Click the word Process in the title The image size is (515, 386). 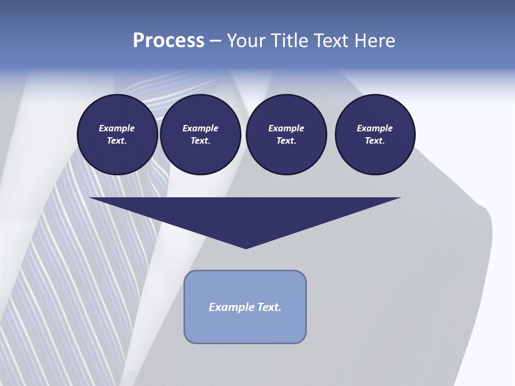(x=168, y=41)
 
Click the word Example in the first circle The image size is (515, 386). (x=117, y=128)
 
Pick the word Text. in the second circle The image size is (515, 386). (x=200, y=141)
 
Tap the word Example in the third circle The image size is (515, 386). (x=286, y=128)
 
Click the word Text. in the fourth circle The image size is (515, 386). (x=375, y=141)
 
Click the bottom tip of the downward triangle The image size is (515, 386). (x=246, y=248)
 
